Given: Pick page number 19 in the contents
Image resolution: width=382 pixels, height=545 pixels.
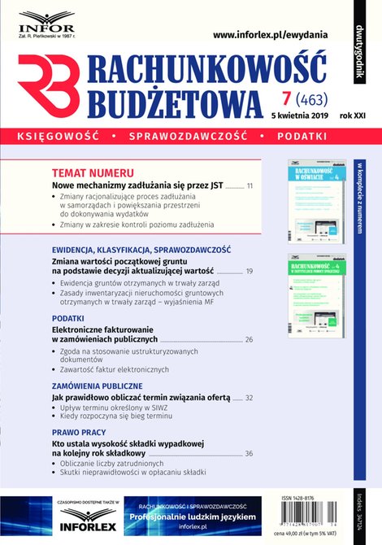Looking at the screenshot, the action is point(250,271).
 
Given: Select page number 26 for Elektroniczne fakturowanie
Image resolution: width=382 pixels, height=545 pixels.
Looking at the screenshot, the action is point(249,338).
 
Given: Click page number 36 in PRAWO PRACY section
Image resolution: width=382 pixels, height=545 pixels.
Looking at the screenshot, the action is point(249,453).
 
